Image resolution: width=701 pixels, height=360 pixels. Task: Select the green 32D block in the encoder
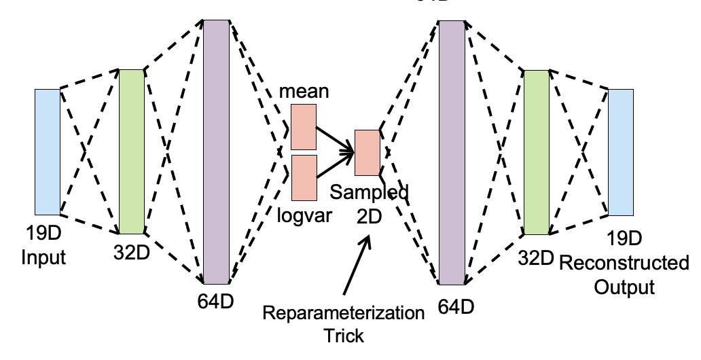[132, 151]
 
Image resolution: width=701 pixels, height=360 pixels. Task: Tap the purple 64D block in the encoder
[217, 151]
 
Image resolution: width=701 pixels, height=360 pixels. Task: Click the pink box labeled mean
[304, 126]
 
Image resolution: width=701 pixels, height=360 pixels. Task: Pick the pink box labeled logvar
[304, 178]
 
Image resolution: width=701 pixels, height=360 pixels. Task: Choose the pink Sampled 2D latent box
[367, 151]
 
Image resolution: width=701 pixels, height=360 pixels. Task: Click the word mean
[304, 92]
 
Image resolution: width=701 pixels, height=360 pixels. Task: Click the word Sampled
[370, 193]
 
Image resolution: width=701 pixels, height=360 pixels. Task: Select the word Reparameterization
[344, 314]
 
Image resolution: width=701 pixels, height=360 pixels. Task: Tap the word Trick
[344, 336]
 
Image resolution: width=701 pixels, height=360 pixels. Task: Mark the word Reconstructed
[624, 264]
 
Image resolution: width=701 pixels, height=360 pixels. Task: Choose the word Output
[624, 287]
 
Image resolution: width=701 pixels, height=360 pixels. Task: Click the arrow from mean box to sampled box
[336, 139]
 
